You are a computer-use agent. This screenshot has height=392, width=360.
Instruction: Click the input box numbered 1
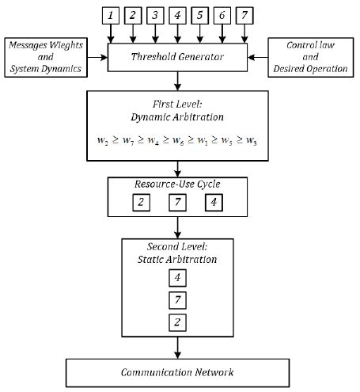pyautogui.click(x=111, y=15)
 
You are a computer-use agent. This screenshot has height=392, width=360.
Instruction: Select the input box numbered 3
pyautogui.click(x=156, y=15)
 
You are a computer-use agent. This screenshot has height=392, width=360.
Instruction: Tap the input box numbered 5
pyautogui.click(x=200, y=15)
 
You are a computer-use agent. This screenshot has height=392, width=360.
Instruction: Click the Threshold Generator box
pyautogui.click(x=178, y=56)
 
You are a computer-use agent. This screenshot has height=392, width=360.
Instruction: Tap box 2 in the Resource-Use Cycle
pyautogui.click(x=139, y=203)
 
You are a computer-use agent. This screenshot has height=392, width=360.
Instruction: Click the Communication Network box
pyautogui.click(x=178, y=372)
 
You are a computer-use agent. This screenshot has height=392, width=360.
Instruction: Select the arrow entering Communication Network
pyautogui.click(x=178, y=351)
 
